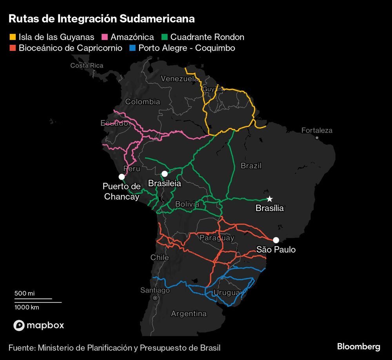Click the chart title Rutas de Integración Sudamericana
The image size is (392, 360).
(102, 19)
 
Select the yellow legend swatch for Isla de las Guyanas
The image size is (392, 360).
(13, 37)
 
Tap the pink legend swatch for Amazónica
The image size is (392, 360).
(105, 37)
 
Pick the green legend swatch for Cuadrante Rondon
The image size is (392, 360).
(164, 37)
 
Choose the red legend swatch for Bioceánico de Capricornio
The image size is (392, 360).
(13, 48)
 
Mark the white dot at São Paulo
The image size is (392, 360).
(276, 240)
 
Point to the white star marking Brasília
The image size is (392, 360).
(270, 199)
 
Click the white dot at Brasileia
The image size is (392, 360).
(165, 173)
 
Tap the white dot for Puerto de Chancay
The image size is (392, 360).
(122, 177)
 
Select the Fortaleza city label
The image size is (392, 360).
(317, 130)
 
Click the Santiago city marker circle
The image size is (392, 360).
(155, 298)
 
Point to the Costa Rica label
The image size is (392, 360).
(87, 65)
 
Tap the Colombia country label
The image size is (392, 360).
(142, 102)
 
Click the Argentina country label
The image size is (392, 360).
(189, 314)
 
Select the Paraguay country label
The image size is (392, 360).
(217, 238)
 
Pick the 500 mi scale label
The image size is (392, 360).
(24, 293)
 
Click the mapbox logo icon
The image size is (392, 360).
(19, 325)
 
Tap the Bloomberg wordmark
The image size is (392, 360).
(359, 347)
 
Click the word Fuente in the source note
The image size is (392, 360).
(21, 347)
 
